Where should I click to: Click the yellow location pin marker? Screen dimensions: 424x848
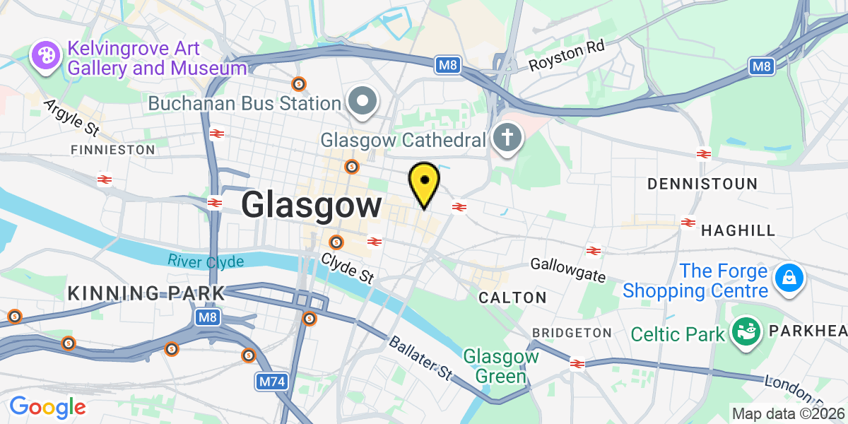pyautogui.click(x=424, y=182)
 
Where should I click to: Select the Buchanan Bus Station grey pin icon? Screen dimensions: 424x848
pyautogui.click(x=363, y=102)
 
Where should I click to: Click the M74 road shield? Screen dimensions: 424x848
pyautogui.click(x=271, y=382)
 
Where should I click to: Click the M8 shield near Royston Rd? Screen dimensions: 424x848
pyautogui.click(x=447, y=66)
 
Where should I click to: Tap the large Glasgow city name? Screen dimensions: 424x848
pyautogui.click(x=311, y=206)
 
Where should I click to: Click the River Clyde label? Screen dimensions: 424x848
pyautogui.click(x=206, y=261)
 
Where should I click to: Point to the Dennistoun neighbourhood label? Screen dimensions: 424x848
pyautogui.click(x=702, y=184)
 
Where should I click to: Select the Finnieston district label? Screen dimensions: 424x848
pyautogui.click(x=112, y=150)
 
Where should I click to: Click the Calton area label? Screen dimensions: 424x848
pyautogui.click(x=512, y=298)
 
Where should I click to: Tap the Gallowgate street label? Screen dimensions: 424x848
pyautogui.click(x=569, y=269)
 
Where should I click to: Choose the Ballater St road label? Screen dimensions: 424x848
pyautogui.click(x=420, y=358)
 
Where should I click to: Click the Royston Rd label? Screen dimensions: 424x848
pyautogui.click(x=567, y=57)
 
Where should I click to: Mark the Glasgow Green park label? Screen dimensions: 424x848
pyautogui.click(x=501, y=366)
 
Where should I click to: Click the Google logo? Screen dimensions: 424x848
pyautogui.click(x=47, y=407)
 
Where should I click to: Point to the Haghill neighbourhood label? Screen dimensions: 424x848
pyautogui.click(x=738, y=230)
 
